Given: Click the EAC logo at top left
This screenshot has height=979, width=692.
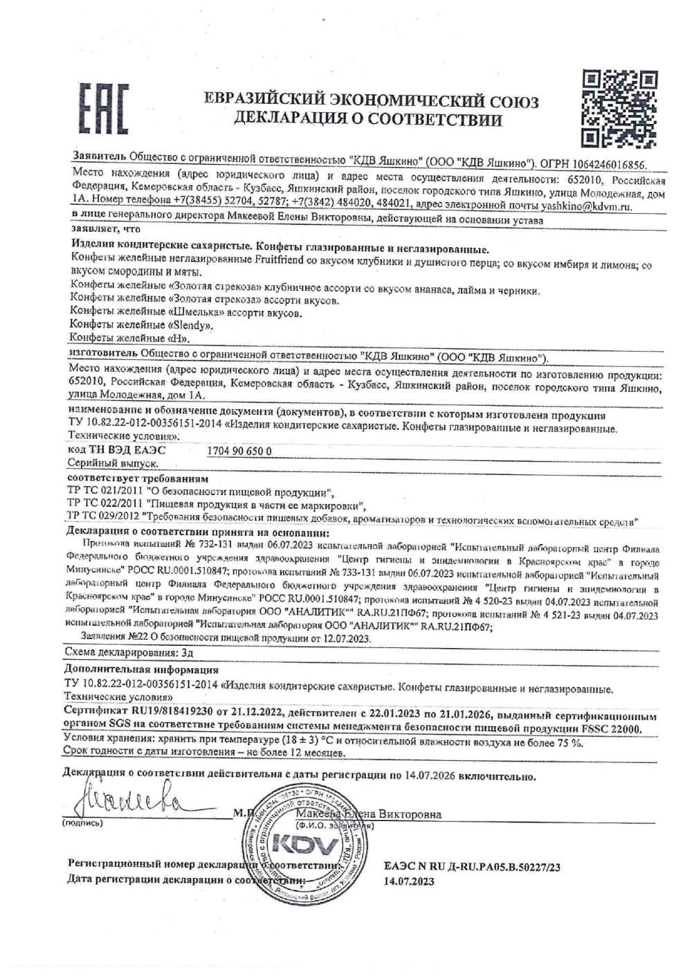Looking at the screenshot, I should click(x=102, y=109).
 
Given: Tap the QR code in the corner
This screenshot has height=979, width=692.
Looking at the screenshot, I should click(x=619, y=108).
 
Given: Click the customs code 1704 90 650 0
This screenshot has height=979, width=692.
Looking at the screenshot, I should click(x=240, y=450).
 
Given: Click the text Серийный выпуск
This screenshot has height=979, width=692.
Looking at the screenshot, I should click(x=114, y=462).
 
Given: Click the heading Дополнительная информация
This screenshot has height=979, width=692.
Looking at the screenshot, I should click(x=141, y=670).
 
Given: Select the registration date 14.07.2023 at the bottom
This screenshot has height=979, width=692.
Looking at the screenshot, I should click(x=409, y=881).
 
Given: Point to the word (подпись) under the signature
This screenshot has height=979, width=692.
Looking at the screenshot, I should click(x=82, y=823).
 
